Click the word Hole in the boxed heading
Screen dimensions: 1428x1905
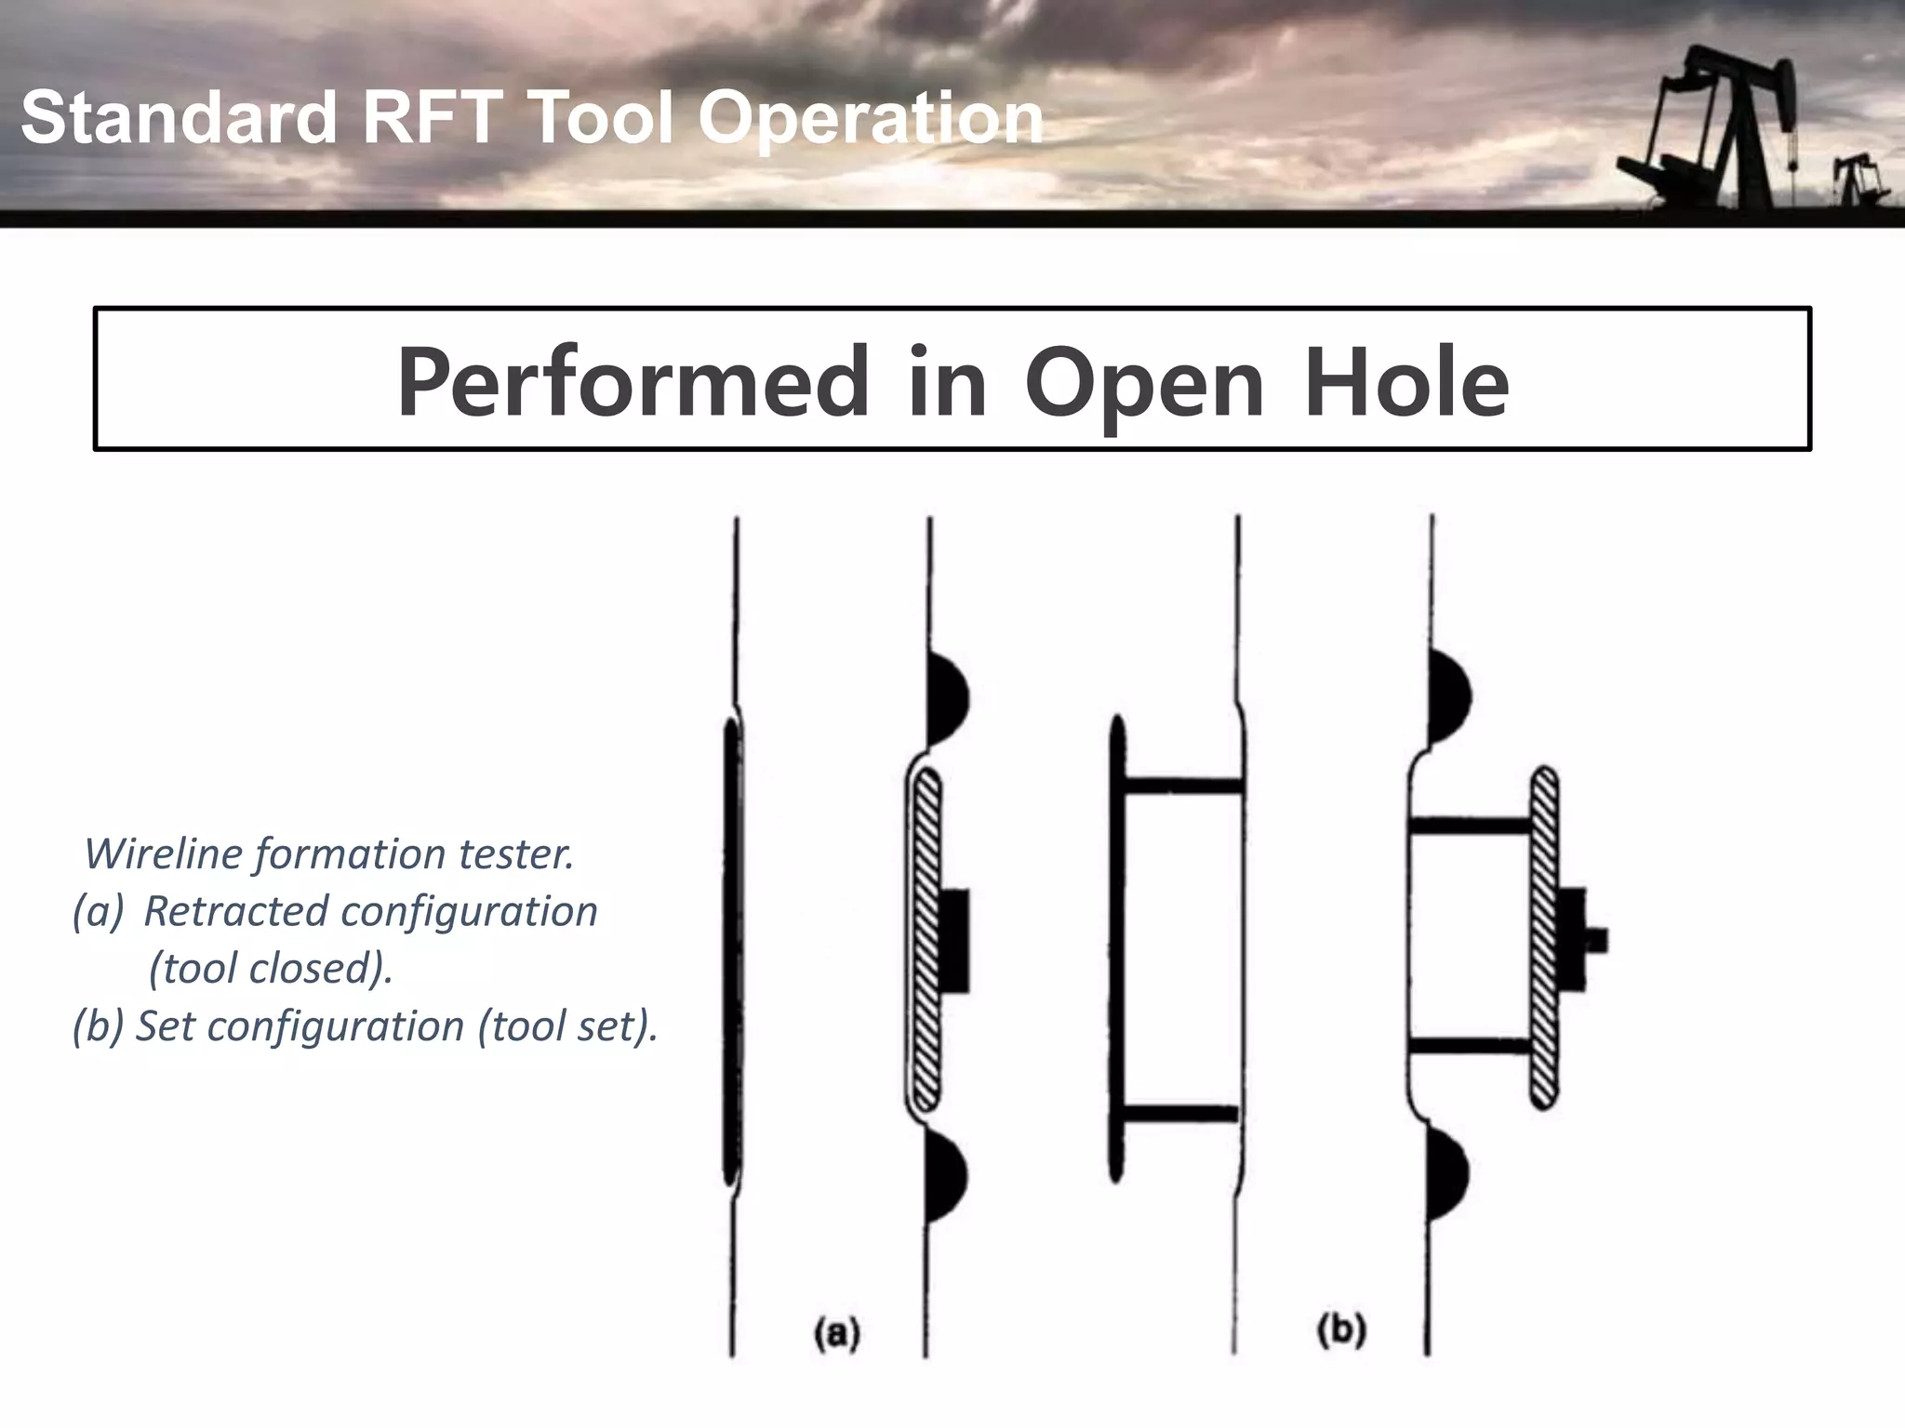tap(1406, 381)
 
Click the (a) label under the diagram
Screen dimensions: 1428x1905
tap(837, 1333)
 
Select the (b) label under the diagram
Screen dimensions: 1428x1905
tap(1341, 1331)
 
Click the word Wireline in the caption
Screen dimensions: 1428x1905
tap(167, 853)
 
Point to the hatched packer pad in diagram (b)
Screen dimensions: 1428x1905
tap(1544, 937)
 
